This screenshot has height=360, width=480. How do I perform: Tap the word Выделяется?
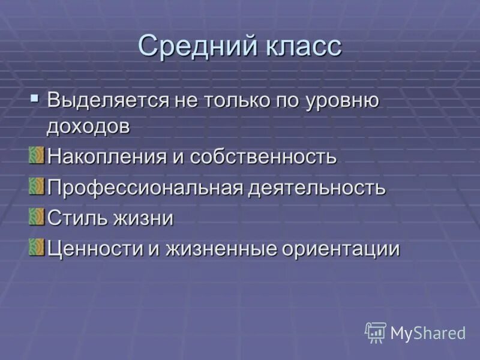109,100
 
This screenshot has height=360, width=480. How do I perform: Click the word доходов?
88,126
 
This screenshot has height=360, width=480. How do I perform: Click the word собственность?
263,157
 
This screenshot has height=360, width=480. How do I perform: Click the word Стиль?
76,218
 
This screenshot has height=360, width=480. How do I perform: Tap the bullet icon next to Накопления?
37,155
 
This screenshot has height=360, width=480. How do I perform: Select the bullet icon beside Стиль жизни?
37,216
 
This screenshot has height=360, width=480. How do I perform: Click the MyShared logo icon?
376,332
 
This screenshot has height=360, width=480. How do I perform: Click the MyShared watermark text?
428,333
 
